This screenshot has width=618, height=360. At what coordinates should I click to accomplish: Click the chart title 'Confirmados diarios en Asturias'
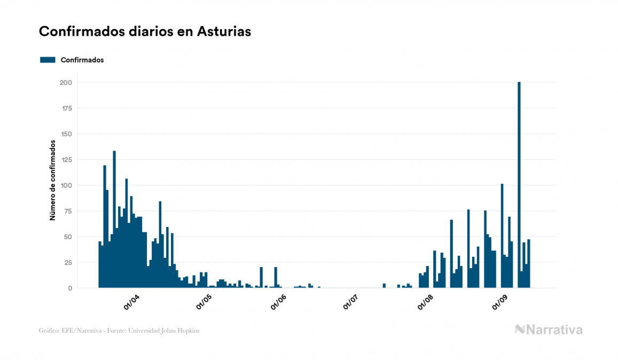pos(145,32)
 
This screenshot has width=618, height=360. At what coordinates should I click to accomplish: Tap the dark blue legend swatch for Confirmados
pos(48,60)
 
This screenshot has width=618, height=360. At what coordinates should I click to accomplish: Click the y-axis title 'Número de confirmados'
pos(53,180)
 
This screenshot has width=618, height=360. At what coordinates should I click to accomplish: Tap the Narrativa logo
pos(549,330)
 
